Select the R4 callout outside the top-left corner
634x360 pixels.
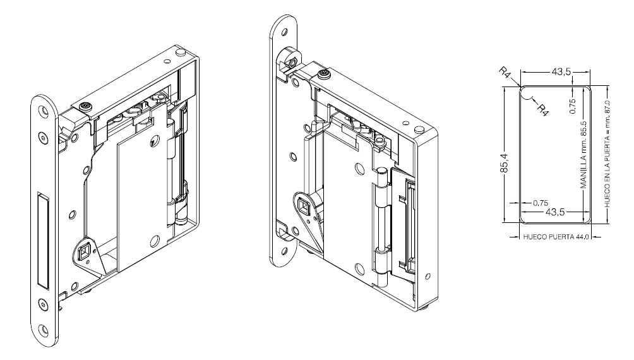pyautogui.click(x=505, y=75)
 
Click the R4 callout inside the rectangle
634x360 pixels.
pyautogui.click(x=541, y=109)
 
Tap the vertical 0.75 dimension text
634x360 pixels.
pyautogui.click(x=573, y=105)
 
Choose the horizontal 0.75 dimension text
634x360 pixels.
pyautogui.click(x=540, y=203)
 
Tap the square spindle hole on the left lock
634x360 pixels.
pyautogui.click(x=82, y=254)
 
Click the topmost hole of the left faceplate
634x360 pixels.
pyautogui.click(x=42, y=111)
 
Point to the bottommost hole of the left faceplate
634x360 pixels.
pyautogui.click(x=43, y=328)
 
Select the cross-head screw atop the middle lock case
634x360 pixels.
pyautogui.click(x=324, y=75)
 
